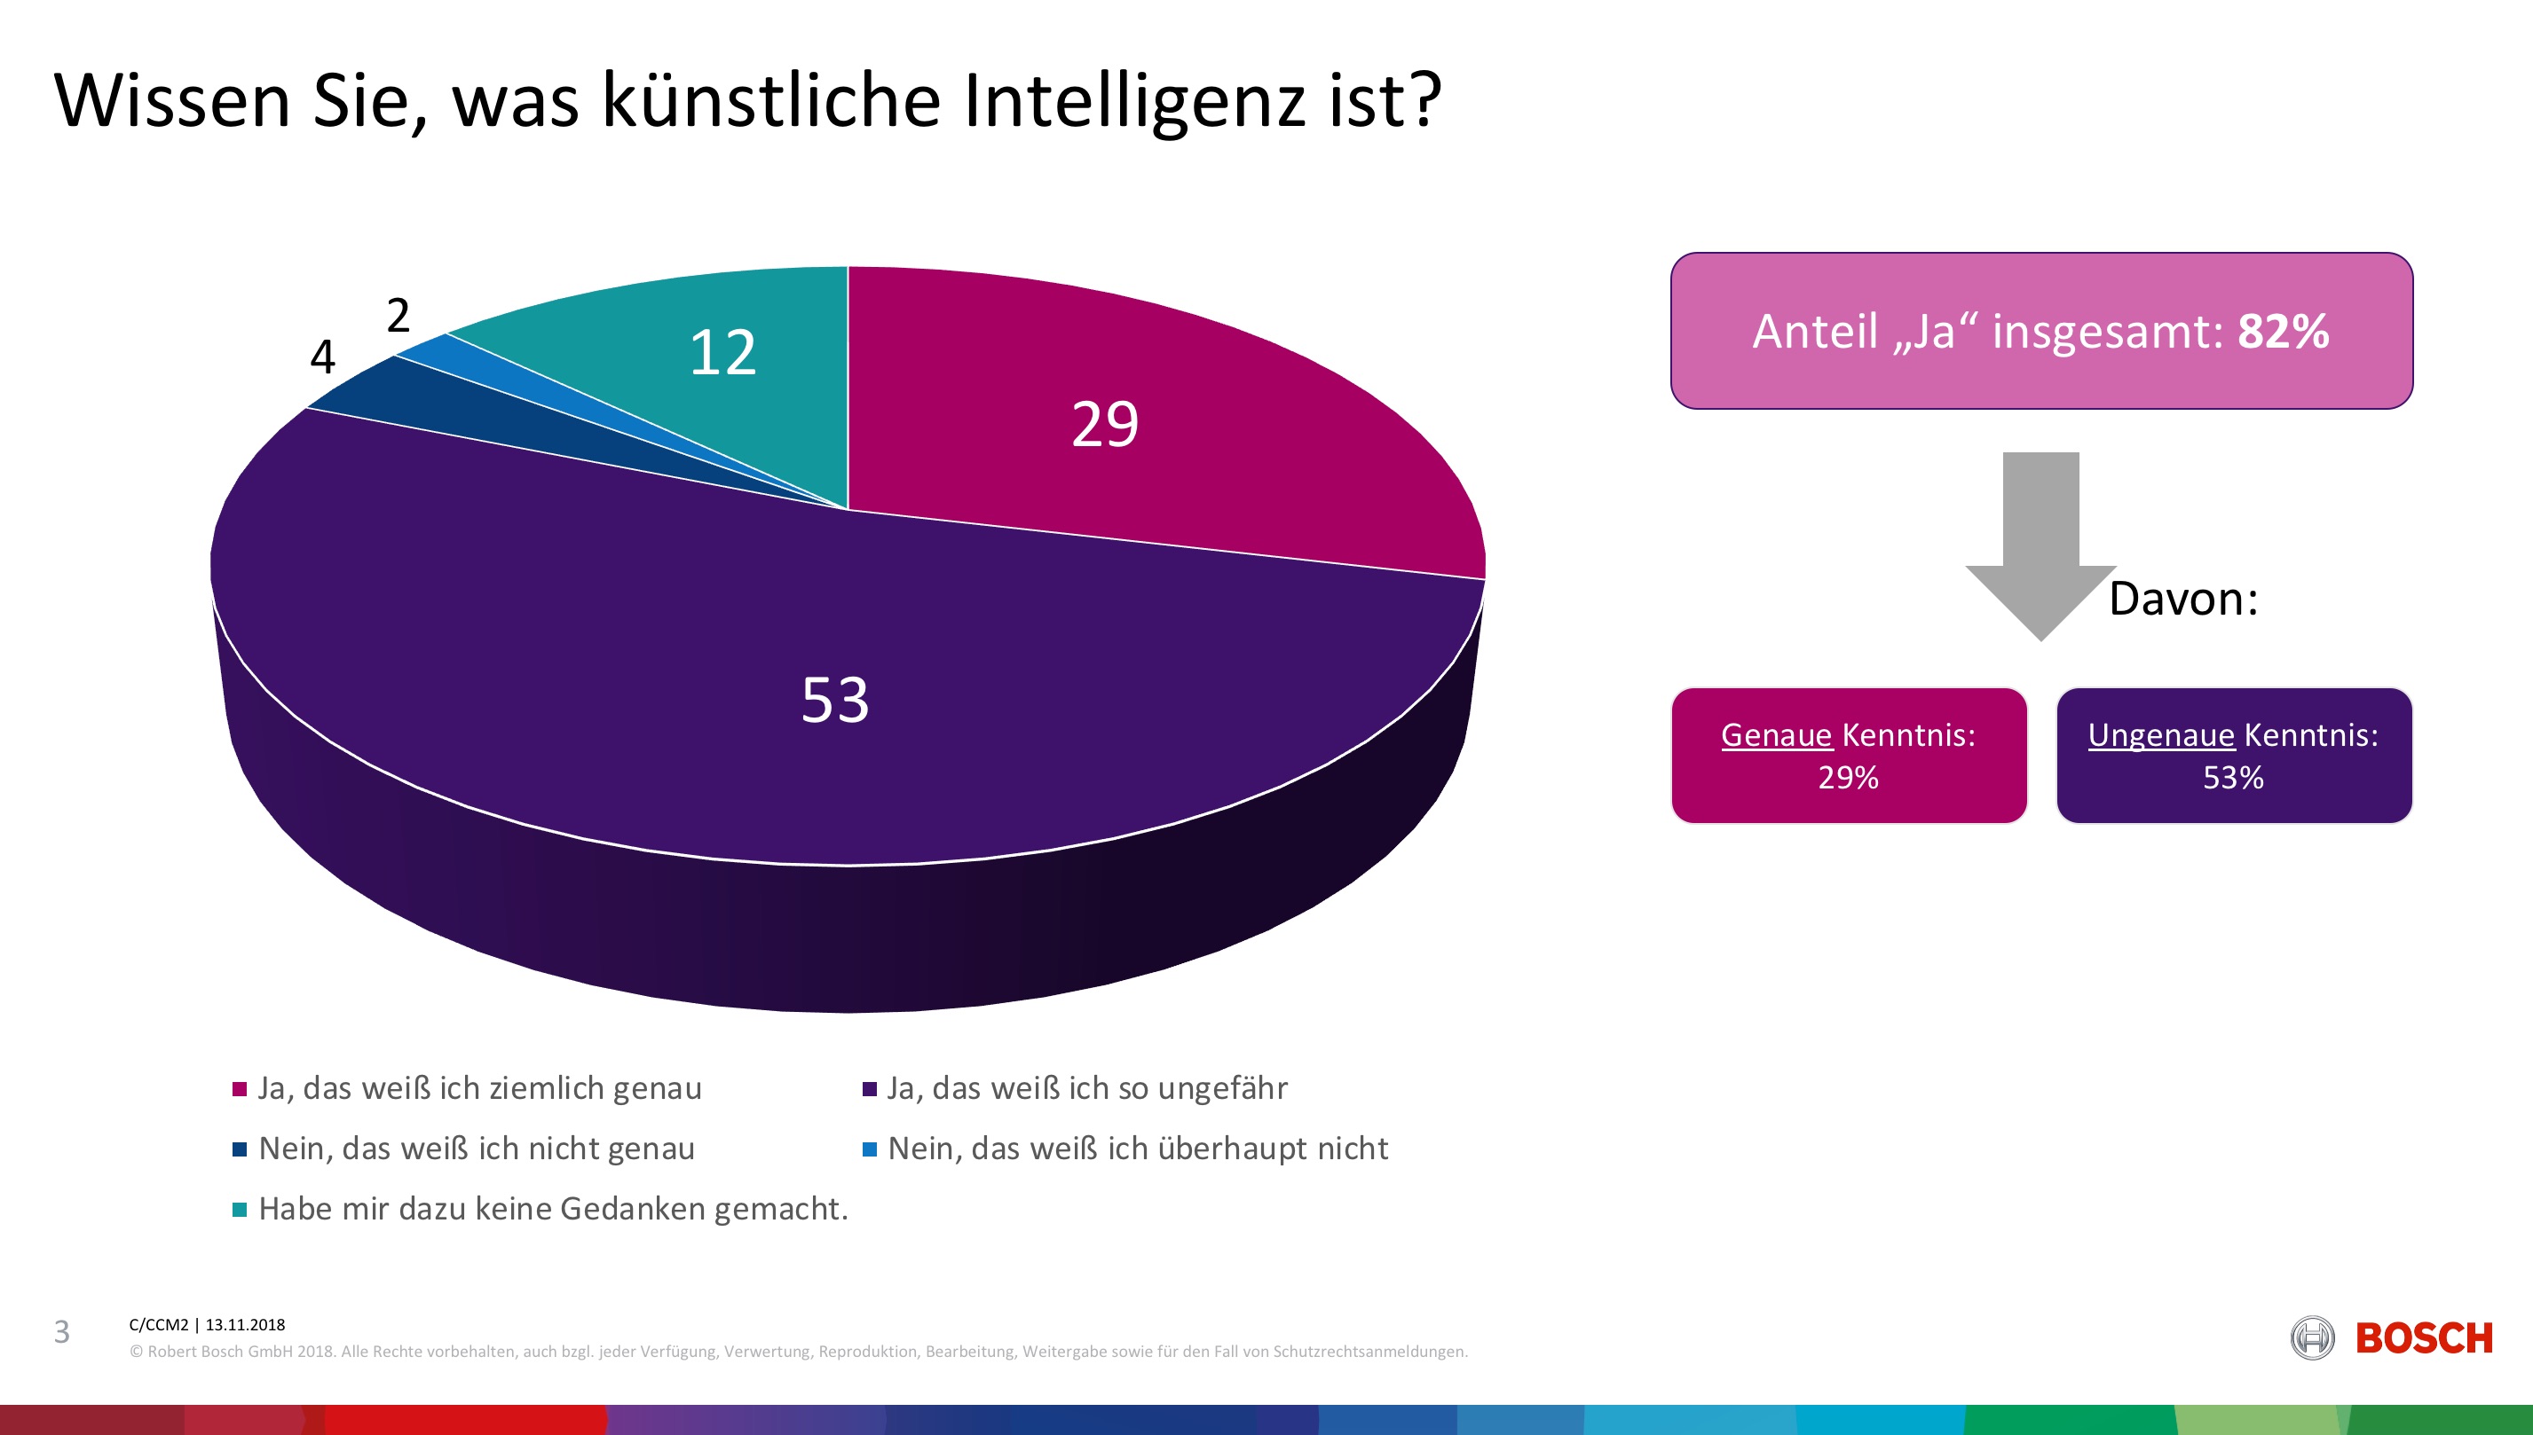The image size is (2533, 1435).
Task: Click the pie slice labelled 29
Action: coord(1104,425)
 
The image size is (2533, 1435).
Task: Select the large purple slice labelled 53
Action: coord(834,700)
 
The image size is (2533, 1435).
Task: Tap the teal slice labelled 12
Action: coord(722,353)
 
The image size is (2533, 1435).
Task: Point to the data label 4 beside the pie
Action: coord(322,357)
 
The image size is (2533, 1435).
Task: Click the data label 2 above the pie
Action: coord(398,316)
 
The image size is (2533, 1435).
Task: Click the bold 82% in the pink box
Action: coord(2283,331)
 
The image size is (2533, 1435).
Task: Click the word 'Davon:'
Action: coord(2183,600)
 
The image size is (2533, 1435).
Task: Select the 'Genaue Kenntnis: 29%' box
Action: coord(1849,756)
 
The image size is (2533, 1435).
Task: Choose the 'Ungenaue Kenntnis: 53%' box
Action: coord(2233,756)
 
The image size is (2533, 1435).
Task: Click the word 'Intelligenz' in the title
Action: coord(1134,100)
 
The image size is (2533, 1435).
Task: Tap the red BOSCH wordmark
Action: coord(2424,1338)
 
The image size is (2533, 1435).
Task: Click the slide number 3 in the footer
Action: coord(62,1332)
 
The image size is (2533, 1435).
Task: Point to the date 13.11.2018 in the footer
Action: coord(245,1325)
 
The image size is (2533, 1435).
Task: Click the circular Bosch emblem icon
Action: coord(2312,1338)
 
